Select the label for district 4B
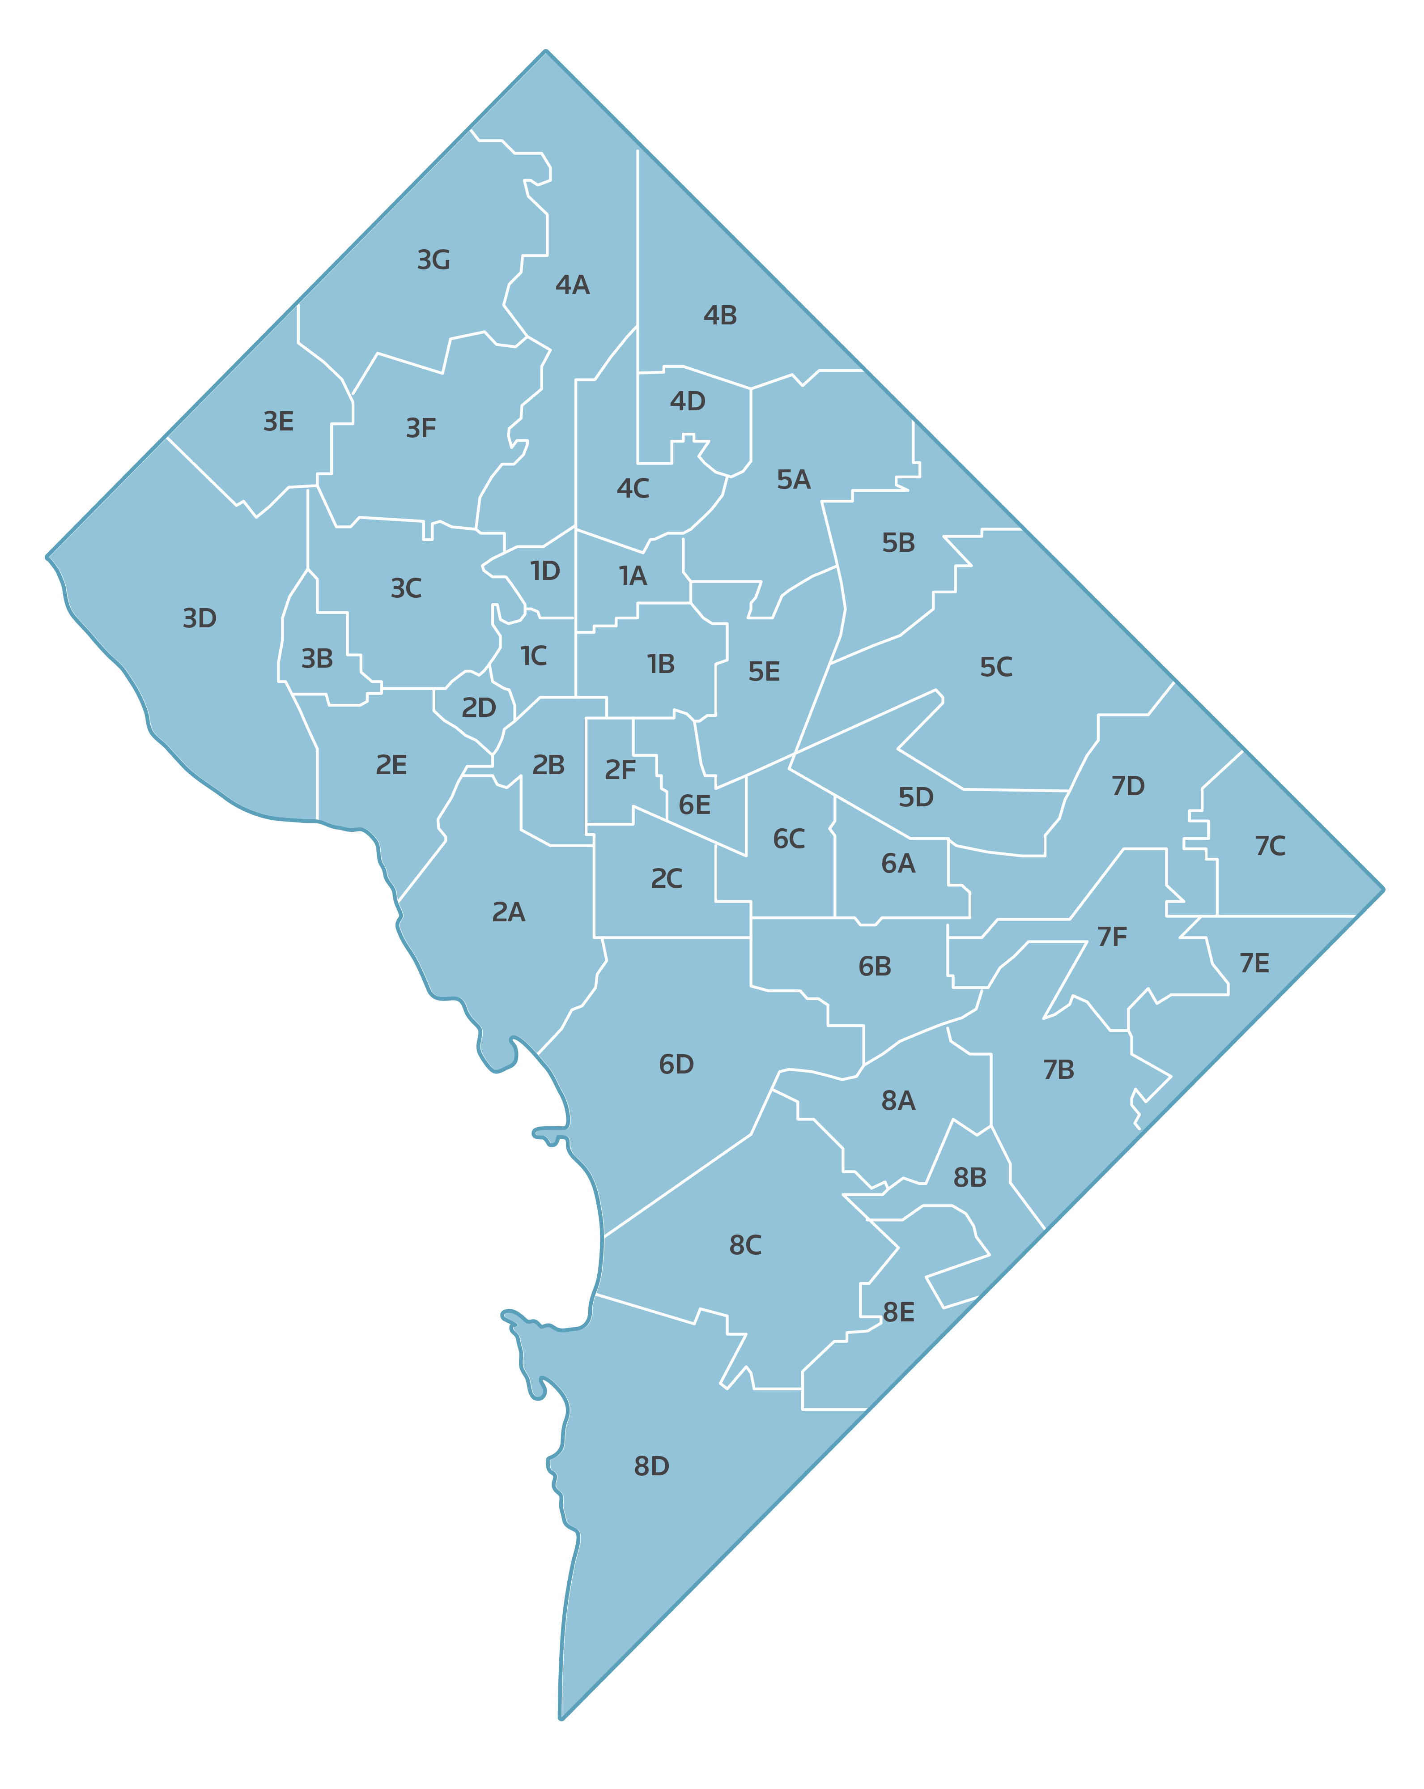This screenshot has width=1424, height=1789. tap(719, 315)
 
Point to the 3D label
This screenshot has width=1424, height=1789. tap(199, 618)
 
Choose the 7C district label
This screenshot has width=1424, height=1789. tap(1270, 846)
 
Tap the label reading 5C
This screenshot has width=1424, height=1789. tap(996, 667)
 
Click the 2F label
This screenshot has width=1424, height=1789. tap(620, 770)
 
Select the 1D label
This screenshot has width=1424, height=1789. tap(545, 571)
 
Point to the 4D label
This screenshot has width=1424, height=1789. tap(687, 402)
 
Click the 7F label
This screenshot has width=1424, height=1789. tap(1112, 937)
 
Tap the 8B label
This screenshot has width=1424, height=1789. tap(969, 1177)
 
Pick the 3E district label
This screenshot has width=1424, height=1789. tap(278, 422)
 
